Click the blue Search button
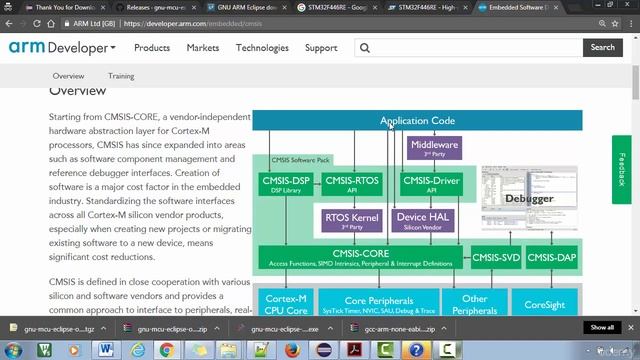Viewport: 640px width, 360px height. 602,47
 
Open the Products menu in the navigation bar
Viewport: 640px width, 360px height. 151,47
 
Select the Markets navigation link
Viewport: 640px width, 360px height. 203,47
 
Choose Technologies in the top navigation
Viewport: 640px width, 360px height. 262,47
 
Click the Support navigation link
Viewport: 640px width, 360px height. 321,47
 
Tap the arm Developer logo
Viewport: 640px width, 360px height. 61,47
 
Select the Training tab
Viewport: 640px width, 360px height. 121,76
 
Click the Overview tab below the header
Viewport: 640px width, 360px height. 68,76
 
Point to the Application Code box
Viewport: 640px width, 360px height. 417,121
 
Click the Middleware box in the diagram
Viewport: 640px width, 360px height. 434,148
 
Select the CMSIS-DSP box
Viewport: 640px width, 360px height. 285,183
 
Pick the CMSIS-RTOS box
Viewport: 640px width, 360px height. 352,183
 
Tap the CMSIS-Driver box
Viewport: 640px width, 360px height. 432,183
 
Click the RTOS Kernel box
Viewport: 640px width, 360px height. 352,219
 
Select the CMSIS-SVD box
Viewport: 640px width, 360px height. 496,257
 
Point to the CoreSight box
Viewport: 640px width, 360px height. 544,301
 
